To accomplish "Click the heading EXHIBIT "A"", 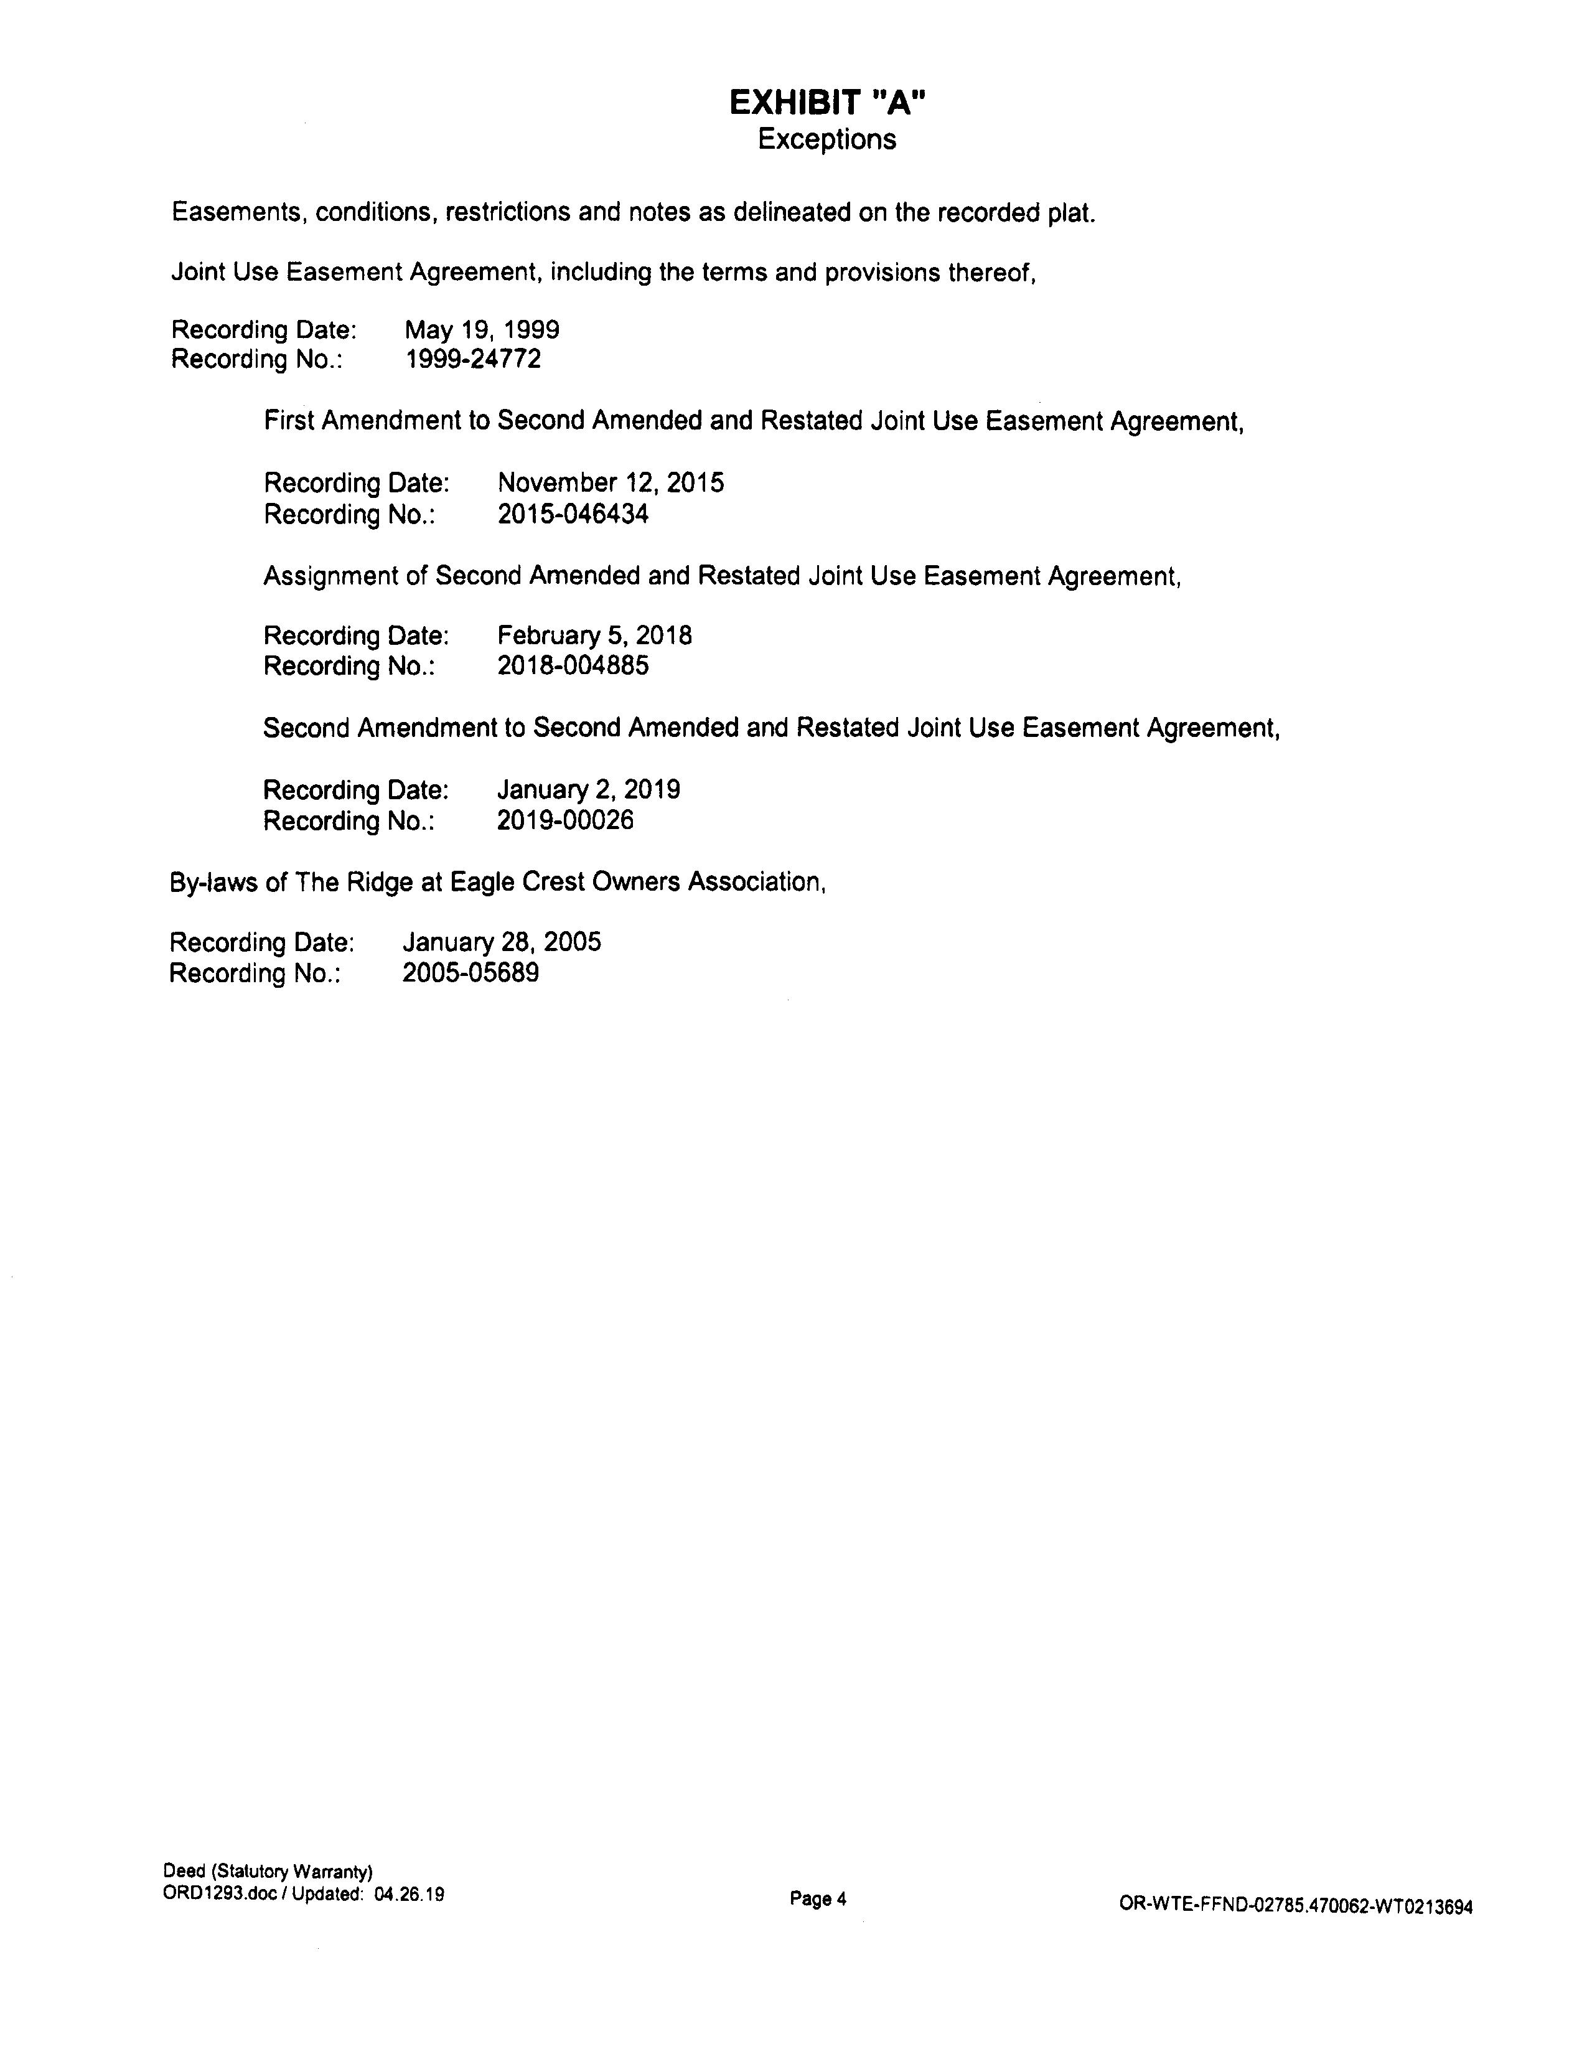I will pyautogui.click(x=827, y=103).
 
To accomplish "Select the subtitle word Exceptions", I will pyautogui.click(x=826, y=139).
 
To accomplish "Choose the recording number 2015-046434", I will pyautogui.click(x=573, y=515).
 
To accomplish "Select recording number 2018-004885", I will pyautogui.click(x=573, y=667).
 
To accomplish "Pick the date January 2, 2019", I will pyautogui.click(x=589, y=789).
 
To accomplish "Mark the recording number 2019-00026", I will pyautogui.click(x=565, y=821).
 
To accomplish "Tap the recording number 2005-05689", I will pyautogui.click(x=471, y=973).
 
